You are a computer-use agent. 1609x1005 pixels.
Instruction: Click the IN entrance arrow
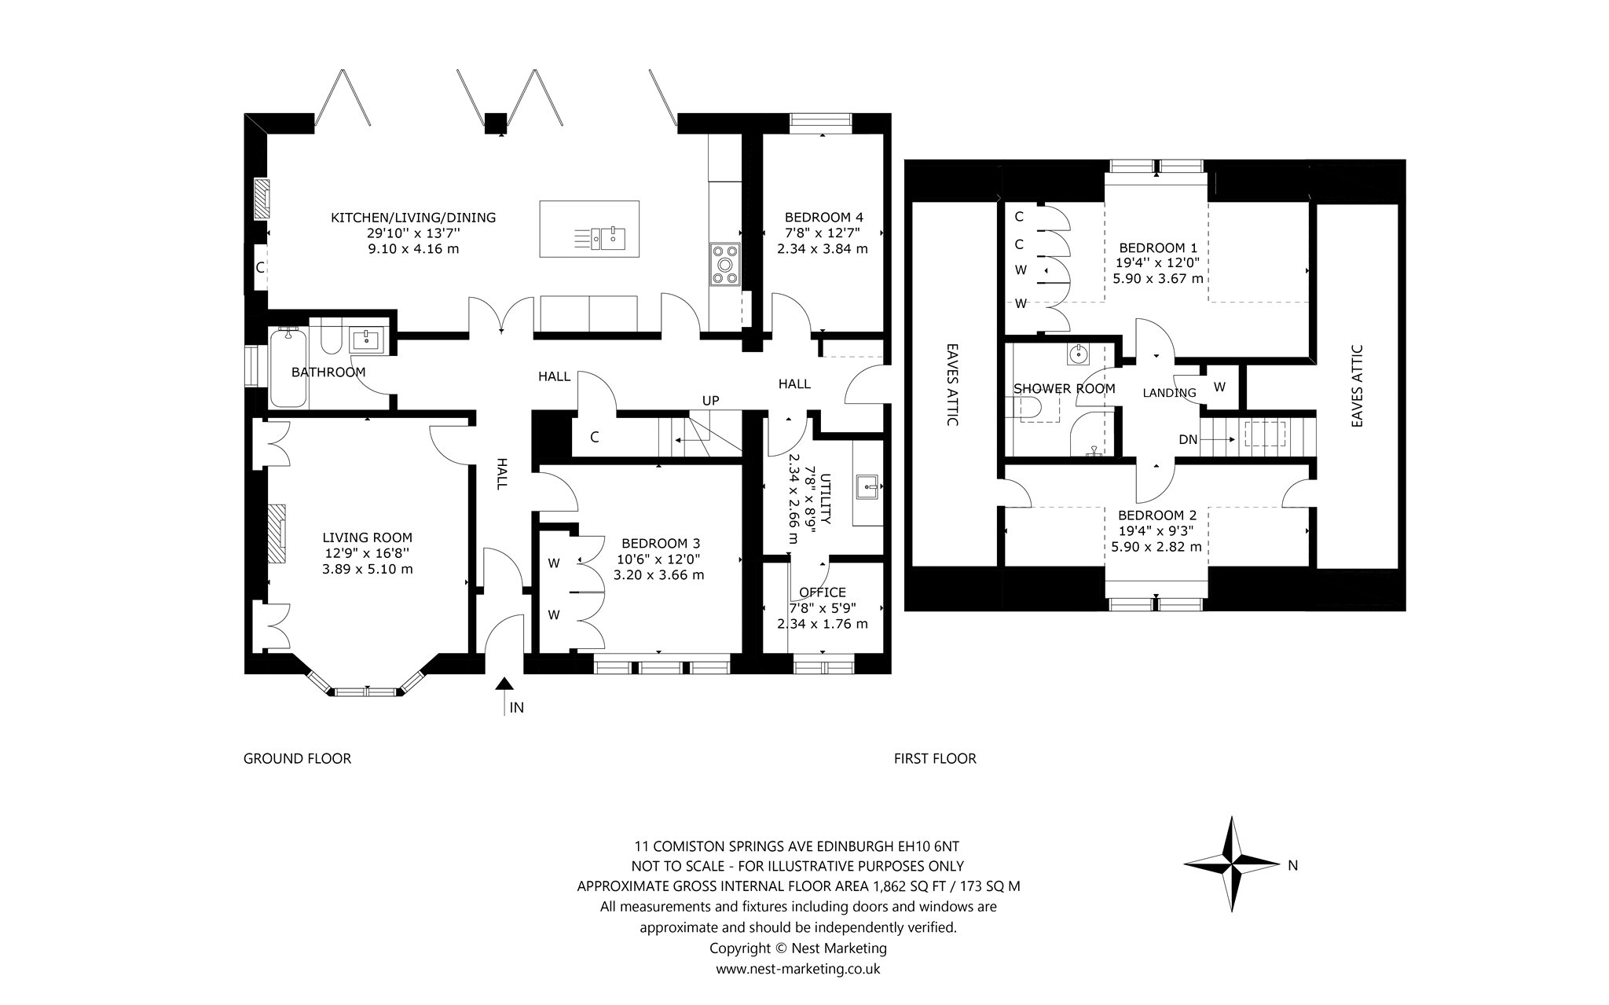(504, 696)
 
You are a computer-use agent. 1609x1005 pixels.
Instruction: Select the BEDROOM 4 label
(824, 217)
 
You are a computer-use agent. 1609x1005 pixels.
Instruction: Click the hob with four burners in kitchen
(724, 263)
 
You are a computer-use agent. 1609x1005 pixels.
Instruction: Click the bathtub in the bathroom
(288, 368)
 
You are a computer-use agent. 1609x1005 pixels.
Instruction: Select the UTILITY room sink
(868, 487)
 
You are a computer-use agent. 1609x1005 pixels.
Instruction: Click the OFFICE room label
(823, 592)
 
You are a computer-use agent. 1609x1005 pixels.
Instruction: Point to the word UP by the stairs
(710, 401)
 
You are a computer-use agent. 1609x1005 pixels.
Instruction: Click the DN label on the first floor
(1188, 440)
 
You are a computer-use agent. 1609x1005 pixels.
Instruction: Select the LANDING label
(1169, 393)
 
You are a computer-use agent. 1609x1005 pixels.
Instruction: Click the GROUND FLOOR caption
(297, 758)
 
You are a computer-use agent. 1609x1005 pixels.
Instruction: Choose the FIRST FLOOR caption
(935, 758)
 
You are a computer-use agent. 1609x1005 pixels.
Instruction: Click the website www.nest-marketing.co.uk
(797, 969)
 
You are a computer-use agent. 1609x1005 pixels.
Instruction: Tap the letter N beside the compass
(1293, 866)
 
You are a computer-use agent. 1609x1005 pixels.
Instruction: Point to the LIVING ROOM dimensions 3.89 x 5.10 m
(367, 569)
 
